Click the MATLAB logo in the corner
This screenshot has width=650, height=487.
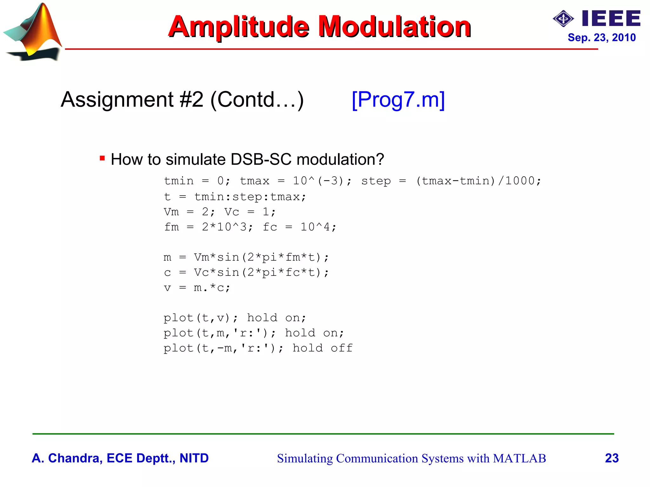[x=33, y=32]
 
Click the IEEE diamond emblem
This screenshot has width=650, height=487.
[x=563, y=19]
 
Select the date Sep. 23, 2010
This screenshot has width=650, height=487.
[x=601, y=37]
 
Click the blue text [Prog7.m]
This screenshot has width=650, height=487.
[x=398, y=100]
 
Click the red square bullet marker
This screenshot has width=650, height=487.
[x=102, y=158]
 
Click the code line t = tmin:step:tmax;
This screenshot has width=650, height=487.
[x=235, y=197]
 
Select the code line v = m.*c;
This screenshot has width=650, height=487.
[x=197, y=288]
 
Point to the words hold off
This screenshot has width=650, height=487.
[x=322, y=348]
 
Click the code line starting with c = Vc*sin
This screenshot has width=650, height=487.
[x=246, y=272]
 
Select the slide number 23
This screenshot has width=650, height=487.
[x=612, y=458]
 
